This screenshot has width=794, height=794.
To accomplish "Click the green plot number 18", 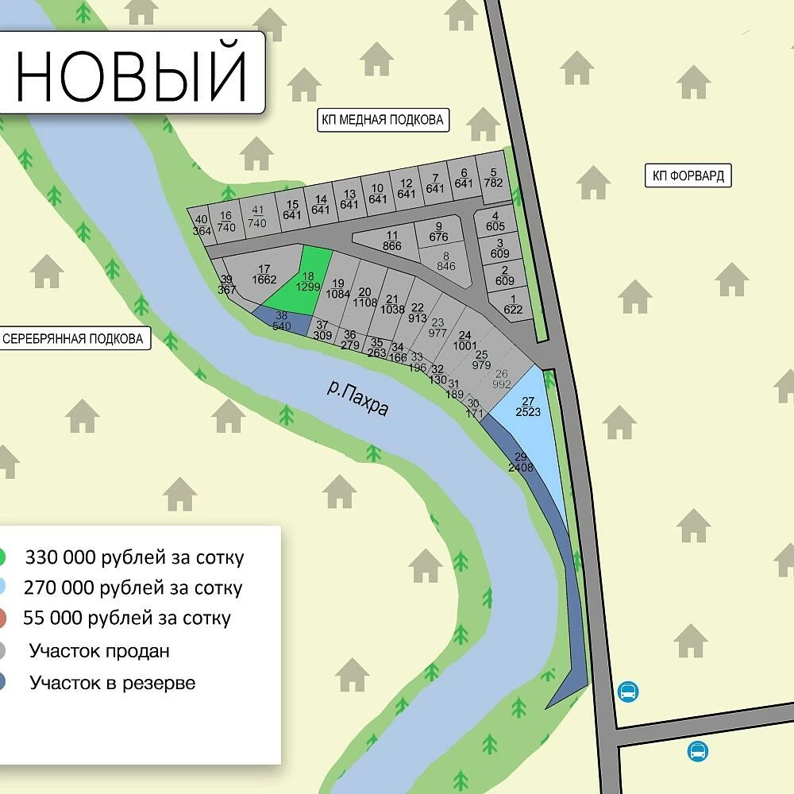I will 308,278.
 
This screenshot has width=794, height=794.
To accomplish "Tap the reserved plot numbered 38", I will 282,321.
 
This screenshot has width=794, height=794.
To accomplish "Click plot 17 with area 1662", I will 264,274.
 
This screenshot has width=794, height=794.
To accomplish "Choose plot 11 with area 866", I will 391,241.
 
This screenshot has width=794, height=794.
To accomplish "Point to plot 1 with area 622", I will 513,304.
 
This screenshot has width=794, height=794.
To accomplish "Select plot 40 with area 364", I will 202,225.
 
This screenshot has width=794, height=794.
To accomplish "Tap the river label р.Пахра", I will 358,398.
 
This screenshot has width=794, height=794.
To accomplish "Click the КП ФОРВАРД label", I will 688,176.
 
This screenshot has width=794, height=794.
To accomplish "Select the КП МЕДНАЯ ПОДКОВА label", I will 382,121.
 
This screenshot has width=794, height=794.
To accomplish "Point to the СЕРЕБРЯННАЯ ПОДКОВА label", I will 73,339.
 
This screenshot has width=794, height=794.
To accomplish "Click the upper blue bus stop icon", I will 628,692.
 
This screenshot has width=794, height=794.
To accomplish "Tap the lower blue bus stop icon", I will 698,751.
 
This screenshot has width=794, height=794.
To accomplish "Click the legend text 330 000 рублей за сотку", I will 134,557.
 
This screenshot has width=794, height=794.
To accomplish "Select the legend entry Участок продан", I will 99,652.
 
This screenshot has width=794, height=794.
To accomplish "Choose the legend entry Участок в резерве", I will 112,683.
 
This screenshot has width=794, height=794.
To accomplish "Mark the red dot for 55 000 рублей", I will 2,618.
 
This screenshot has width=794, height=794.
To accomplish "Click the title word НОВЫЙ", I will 132,73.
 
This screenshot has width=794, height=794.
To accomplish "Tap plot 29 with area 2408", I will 521,462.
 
